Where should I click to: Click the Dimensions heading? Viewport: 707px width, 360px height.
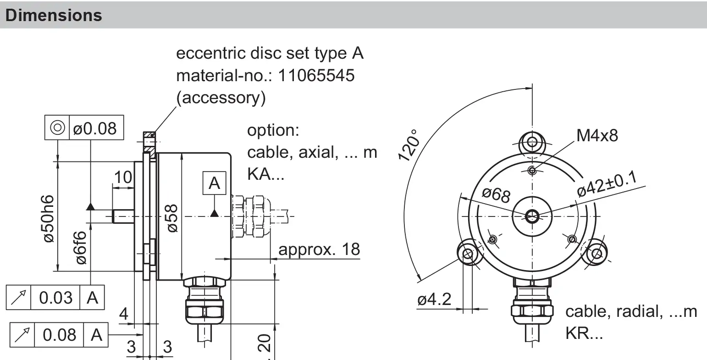point(54,15)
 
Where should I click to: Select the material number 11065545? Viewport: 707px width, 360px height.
point(316,76)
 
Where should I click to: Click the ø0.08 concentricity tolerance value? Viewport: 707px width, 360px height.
point(95,128)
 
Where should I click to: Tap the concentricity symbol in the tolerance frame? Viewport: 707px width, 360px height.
point(57,128)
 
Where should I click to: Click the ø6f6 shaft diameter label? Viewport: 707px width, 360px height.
point(81,247)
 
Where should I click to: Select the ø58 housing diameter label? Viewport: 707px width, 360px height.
point(172,218)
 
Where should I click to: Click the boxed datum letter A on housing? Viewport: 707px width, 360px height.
point(214,183)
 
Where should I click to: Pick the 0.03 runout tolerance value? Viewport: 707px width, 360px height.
point(55,298)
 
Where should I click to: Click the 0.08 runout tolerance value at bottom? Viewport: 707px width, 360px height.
point(60,335)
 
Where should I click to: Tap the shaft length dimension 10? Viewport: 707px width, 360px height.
point(122,177)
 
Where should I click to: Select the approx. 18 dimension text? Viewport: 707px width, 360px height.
point(319,249)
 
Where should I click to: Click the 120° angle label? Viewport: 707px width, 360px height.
point(410,145)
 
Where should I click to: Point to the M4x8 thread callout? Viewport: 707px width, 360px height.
point(597,135)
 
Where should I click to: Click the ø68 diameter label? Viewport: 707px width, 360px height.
point(496,195)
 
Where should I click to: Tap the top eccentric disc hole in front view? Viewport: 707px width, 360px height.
point(532,141)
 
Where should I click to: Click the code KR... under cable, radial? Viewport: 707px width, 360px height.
point(584,333)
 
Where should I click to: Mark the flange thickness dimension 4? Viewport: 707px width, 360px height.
point(124,315)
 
